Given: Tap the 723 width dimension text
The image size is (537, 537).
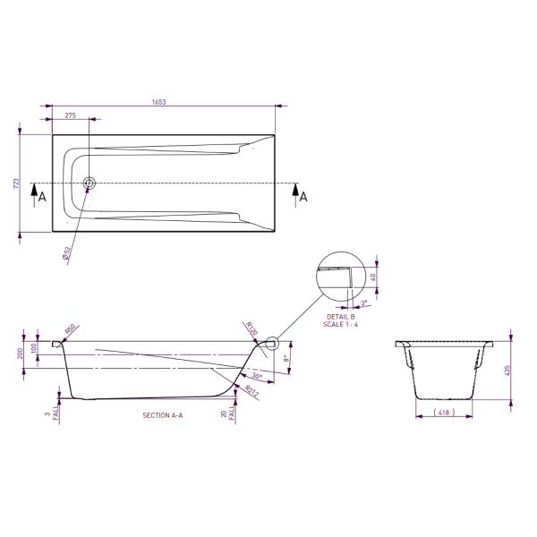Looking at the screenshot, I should coord(15,183).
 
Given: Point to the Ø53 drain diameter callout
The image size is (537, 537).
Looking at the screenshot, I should coord(66,252).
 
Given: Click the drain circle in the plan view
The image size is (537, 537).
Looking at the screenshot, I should coord(89,184).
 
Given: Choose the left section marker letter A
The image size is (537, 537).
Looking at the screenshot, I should coord(41,196).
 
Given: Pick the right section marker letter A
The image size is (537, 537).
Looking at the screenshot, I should coord(303,197).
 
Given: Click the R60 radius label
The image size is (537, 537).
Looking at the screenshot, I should coord(71,328).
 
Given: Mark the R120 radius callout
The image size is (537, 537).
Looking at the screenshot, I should coord(251,329).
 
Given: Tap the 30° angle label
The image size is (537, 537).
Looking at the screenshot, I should coord(257,377).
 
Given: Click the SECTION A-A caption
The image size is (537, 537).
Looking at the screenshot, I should coord(162,416).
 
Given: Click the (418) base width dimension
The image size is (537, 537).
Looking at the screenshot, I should coord(442,413).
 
